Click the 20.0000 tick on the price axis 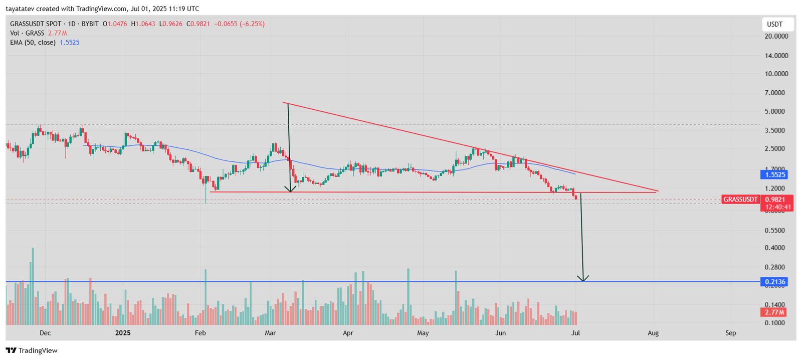pyautogui.click(x=776, y=36)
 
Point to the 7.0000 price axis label pyautogui.click(x=776, y=93)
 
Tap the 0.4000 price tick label pyautogui.click(x=776, y=248)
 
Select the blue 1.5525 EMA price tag pyautogui.click(x=775, y=175)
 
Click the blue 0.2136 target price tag pyautogui.click(x=775, y=282)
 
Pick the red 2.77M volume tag pyautogui.click(x=775, y=312)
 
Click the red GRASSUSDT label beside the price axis pyautogui.click(x=740, y=200)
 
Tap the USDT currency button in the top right pyautogui.click(x=775, y=24)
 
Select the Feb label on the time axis pyautogui.click(x=200, y=333)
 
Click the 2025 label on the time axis pyautogui.click(x=122, y=333)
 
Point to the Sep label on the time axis pyautogui.click(x=731, y=333)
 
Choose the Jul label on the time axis pyautogui.click(x=576, y=333)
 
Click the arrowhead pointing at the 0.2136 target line pyautogui.click(x=583, y=279)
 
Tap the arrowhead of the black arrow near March pyautogui.click(x=290, y=190)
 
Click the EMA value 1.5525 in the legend pyautogui.click(x=70, y=43)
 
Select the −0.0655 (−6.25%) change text pyautogui.click(x=240, y=24)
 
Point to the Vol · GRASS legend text pyautogui.click(x=27, y=33)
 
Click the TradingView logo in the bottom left pyautogui.click(x=32, y=350)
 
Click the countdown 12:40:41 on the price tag pyautogui.click(x=778, y=207)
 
